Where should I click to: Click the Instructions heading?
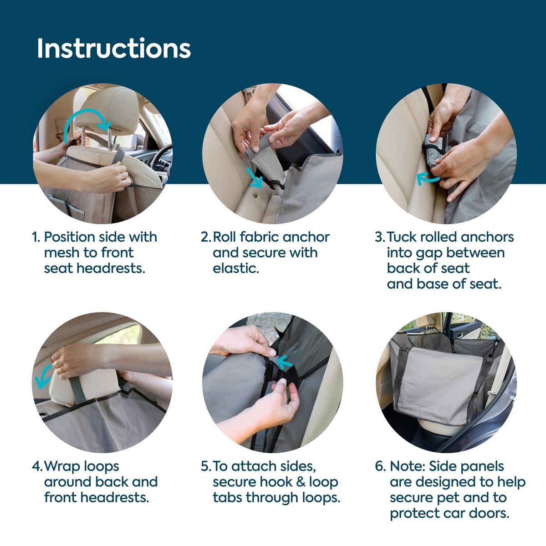coord(114,48)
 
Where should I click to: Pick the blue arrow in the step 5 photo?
coord(284,362)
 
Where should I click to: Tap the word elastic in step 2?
coord(236,268)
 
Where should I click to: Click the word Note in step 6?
coord(407,466)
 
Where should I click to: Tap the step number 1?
coord(36,237)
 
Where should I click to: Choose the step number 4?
coord(37,466)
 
